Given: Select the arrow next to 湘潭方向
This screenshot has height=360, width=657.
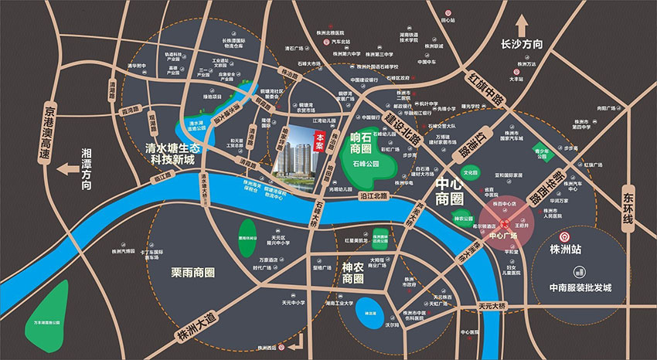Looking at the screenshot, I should pyautogui.click(x=70, y=168).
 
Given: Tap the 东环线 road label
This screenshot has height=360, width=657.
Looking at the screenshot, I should pyautogui.click(x=628, y=209).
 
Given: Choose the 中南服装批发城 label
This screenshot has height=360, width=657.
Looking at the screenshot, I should pyautogui.click(x=580, y=288).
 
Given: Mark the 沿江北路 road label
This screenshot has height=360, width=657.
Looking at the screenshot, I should pyautogui.click(x=375, y=198).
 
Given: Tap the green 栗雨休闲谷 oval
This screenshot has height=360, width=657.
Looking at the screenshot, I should pyautogui.click(x=247, y=232).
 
